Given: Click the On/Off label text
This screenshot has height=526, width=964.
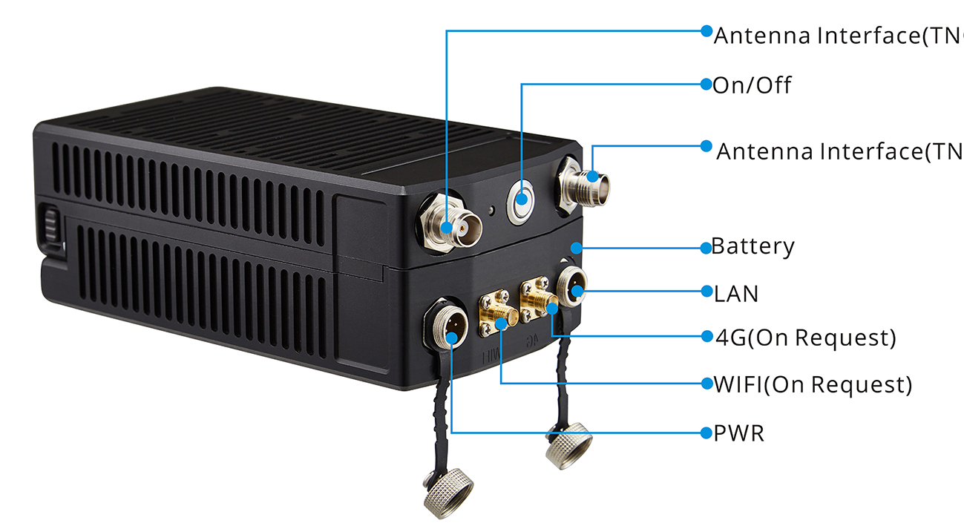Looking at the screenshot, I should (x=752, y=85).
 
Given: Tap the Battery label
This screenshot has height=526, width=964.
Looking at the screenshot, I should (x=752, y=246).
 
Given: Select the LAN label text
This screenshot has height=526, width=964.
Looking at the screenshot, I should (x=736, y=294).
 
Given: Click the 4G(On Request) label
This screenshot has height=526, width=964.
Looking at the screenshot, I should (x=805, y=338).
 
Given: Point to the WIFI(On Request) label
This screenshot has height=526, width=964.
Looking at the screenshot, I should (x=813, y=384).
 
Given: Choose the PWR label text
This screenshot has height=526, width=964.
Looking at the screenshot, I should (x=738, y=433).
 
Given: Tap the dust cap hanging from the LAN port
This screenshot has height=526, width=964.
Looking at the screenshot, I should (x=568, y=444).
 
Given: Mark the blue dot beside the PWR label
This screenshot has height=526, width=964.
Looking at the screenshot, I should (x=706, y=433).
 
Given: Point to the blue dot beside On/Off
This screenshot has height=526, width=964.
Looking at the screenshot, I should (x=706, y=85).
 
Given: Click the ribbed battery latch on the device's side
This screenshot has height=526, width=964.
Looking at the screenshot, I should (x=50, y=226).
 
